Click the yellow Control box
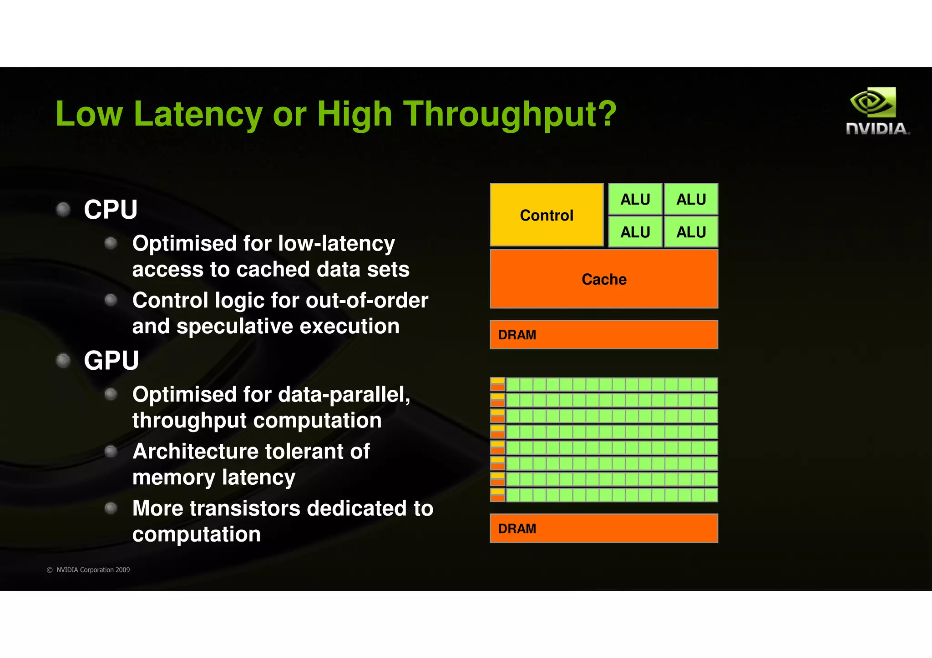click(x=547, y=215)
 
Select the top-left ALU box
click(x=635, y=199)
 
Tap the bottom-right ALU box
click(x=691, y=232)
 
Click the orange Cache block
click(x=604, y=279)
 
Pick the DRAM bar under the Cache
click(x=604, y=335)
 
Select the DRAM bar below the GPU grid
click(x=604, y=528)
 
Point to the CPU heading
click(x=111, y=210)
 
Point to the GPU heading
click(x=111, y=361)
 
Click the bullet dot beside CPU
click(x=63, y=209)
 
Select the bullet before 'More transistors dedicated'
click(x=111, y=508)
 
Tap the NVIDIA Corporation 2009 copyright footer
click(x=88, y=570)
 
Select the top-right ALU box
click(x=691, y=199)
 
